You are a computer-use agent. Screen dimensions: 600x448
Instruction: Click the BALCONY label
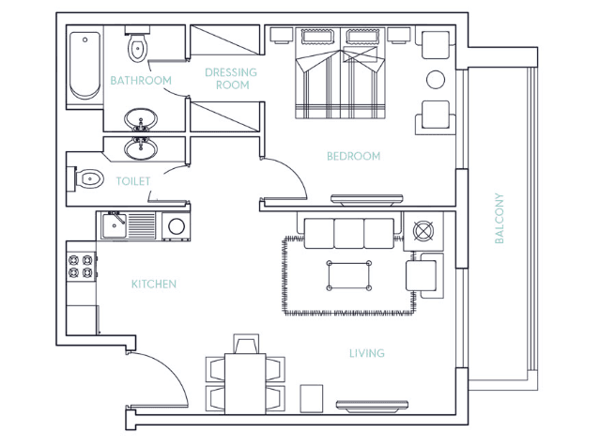tap(499, 218)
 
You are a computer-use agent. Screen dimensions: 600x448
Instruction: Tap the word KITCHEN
tap(154, 285)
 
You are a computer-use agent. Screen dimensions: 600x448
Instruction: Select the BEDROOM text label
tap(354, 156)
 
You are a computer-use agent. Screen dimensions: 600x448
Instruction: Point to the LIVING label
tap(367, 353)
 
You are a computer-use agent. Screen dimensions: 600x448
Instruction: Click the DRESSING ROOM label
tap(231, 79)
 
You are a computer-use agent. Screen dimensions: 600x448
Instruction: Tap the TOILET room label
tap(133, 181)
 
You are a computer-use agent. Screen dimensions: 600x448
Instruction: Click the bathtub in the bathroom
tap(85, 66)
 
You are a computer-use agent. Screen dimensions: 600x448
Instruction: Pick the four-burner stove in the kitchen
tap(81, 267)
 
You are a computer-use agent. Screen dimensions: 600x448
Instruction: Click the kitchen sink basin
tap(114, 225)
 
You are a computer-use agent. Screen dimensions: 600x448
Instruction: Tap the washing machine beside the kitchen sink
tap(176, 226)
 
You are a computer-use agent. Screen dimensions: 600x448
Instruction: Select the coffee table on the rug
tap(349, 275)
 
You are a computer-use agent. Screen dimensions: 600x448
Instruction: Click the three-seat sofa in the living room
tap(349, 232)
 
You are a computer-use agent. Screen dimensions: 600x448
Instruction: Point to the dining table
tap(245, 383)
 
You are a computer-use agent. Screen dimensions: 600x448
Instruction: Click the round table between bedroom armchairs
tap(436, 80)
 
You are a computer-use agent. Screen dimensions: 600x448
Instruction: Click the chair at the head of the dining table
tap(246, 344)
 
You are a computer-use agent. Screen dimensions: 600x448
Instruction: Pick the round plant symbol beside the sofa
tap(423, 231)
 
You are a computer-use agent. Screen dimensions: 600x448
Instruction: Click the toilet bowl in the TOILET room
tap(88, 178)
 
